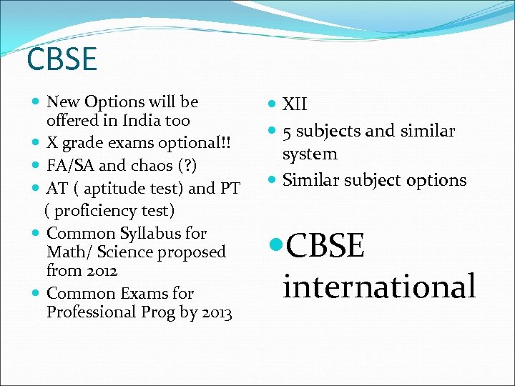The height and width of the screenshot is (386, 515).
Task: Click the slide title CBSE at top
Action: [62, 59]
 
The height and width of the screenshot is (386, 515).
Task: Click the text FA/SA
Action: [70, 165]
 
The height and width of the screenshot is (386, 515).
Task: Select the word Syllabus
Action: [171, 233]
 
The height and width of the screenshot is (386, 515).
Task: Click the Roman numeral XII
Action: [295, 105]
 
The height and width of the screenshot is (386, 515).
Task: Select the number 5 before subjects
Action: [287, 132]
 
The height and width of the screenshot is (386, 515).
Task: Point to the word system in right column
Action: [310, 154]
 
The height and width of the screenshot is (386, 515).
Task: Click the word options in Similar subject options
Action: [436, 180]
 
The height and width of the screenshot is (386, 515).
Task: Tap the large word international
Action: [379, 287]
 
